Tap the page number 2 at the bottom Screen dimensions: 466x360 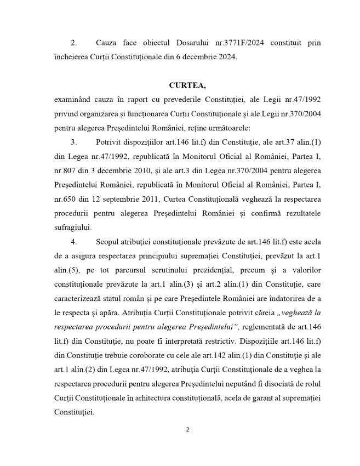(187, 430)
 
